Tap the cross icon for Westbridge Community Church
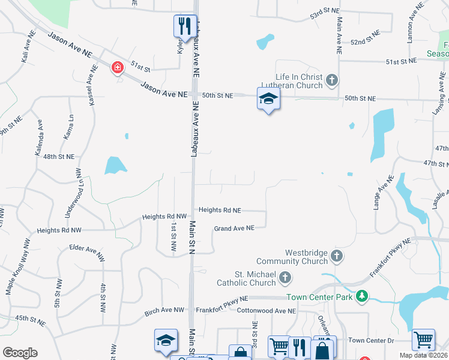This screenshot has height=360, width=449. (337, 256)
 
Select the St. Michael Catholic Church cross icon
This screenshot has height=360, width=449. (285, 278)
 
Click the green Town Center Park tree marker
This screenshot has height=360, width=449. (361, 296)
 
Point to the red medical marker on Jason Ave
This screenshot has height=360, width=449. (117, 67)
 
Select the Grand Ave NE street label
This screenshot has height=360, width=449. (235, 228)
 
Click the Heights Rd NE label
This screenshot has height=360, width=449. (220, 211)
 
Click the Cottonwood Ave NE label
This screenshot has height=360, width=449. (266, 311)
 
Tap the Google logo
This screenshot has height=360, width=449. (20, 353)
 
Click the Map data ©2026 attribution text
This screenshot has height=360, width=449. (423, 355)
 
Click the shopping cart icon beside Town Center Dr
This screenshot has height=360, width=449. (423, 340)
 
